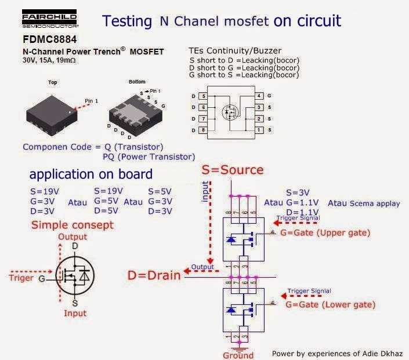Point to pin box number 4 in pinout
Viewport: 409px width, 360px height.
(x=259, y=95)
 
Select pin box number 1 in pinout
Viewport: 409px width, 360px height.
(x=259, y=130)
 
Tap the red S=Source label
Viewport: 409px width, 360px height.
(x=232, y=170)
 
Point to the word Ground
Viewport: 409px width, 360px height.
(x=238, y=355)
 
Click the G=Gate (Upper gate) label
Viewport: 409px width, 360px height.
(x=324, y=232)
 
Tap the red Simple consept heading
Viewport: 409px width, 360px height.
(x=73, y=225)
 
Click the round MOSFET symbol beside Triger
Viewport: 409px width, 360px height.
(x=74, y=278)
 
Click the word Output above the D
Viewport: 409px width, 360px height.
(x=73, y=237)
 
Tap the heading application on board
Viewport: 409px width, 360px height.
(x=91, y=174)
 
